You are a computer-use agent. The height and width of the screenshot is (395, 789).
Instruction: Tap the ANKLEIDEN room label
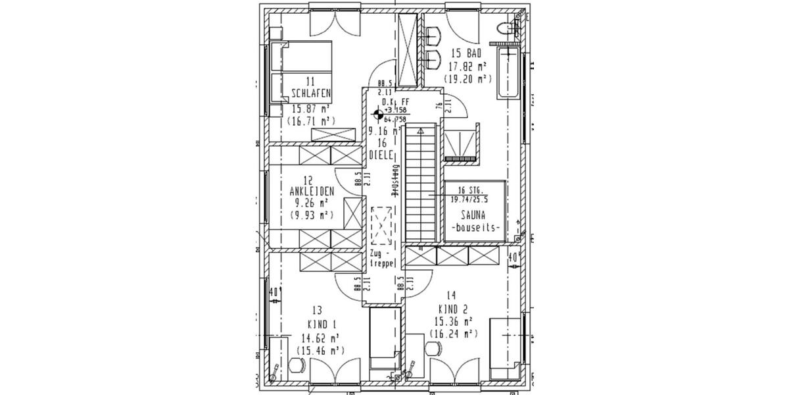tap(312, 191)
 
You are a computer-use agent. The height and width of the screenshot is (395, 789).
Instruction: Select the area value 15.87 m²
tap(311, 108)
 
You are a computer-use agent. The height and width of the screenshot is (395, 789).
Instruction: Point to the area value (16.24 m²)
tap(452, 334)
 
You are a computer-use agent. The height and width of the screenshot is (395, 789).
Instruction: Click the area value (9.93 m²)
tap(311, 215)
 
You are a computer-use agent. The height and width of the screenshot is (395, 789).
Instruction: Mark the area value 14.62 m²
tap(320, 338)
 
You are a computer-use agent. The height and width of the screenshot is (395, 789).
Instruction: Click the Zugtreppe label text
tap(382, 257)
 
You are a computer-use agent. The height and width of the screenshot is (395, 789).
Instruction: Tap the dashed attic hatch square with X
tap(381, 225)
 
